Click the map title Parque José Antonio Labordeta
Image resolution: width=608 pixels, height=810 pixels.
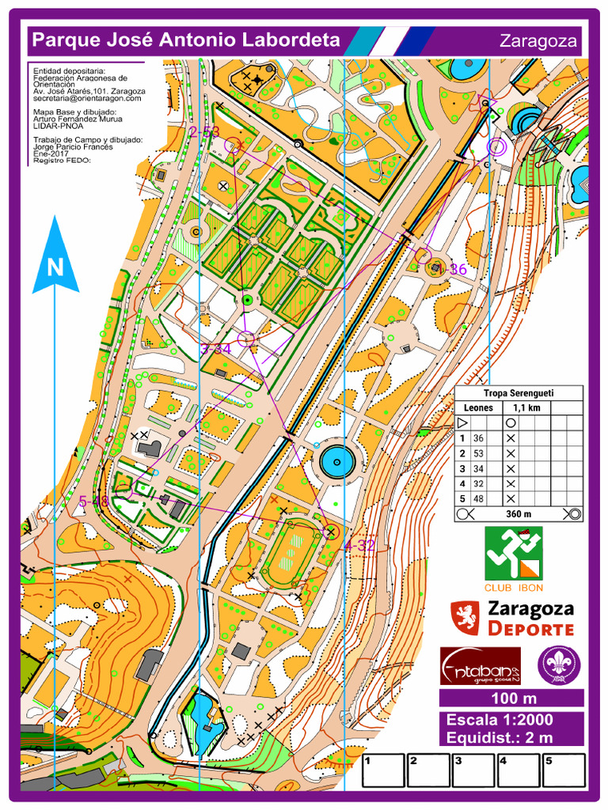coord(185,40)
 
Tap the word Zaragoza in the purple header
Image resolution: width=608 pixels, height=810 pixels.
coord(538,41)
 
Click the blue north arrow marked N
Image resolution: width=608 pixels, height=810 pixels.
coord(55,257)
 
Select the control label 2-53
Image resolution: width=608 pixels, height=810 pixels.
coord(204,132)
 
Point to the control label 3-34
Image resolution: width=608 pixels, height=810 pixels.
coord(215,348)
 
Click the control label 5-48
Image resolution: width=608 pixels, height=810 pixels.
coord(94,501)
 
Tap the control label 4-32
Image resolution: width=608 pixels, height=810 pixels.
coord(359,545)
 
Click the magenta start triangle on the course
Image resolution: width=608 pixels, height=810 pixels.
coord(484,104)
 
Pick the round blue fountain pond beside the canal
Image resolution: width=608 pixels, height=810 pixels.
coord(337,460)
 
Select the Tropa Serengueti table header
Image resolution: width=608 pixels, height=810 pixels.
coord(519,393)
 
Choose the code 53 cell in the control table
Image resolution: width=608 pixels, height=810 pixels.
coord(478,453)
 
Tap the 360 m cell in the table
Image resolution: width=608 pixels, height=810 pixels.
coord(519,513)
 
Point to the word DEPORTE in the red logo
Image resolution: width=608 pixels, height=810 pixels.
coord(530,630)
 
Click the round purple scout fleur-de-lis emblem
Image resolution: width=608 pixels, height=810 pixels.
coord(559,664)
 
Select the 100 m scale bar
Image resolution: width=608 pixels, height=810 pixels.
coord(513,698)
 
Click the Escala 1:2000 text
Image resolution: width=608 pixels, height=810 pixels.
coord(500,720)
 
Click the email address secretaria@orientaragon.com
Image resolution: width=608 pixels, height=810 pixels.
coord(87,98)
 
